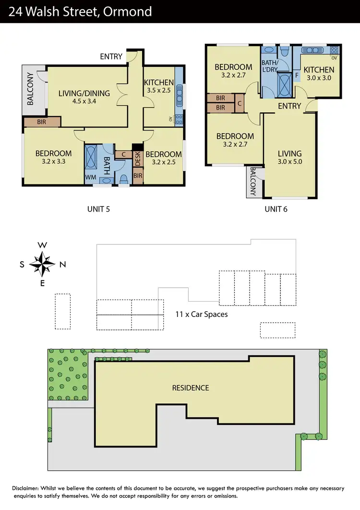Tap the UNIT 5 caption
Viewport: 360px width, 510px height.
tap(101, 208)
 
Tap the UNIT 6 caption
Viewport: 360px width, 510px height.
tap(276, 208)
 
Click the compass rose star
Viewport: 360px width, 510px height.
tap(42, 264)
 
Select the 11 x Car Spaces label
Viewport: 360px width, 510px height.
tap(202, 315)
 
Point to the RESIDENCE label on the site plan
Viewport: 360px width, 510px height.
tap(191, 388)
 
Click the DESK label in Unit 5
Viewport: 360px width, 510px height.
tap(138, 159)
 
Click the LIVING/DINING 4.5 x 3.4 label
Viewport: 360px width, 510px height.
tap(84, 97)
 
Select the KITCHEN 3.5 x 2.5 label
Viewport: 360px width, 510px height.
tap(158, 86)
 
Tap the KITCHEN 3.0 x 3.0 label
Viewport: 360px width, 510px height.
tap(319, 73)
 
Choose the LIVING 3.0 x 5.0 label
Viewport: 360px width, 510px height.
tap(289, 158)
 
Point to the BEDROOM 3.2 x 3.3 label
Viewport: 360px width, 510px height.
tap(53, 158)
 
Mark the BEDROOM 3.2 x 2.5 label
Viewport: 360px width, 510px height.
tap(163, 158)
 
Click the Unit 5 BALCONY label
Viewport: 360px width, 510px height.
tap(31, 89)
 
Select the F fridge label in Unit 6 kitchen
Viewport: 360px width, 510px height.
tap(297, 75)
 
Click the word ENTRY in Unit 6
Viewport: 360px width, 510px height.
tap(289, 106)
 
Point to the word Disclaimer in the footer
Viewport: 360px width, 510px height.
tap(27, 488)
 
